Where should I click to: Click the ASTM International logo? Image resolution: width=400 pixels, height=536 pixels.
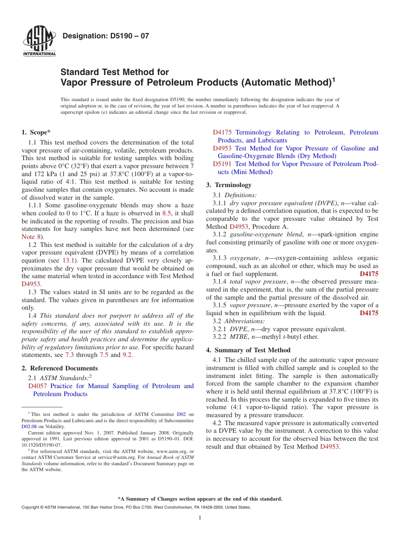point(39,41)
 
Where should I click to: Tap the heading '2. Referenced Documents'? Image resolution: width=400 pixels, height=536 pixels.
point(60,368)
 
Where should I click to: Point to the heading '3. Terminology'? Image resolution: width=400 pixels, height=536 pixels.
point(229,185)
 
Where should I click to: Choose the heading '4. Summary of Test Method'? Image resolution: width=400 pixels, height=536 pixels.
point(248,350)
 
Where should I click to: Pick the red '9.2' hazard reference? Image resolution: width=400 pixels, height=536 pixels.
point(127,355)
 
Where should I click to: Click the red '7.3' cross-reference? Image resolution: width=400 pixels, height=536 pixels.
point(69,355)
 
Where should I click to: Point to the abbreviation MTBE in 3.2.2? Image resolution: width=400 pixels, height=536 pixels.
point(238,337)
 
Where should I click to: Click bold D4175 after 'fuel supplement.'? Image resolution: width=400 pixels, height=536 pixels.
point(369,274)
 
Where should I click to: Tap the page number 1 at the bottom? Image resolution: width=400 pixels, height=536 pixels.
point(200,517)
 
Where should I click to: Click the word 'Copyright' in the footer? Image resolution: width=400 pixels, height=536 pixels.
point(31,507)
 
